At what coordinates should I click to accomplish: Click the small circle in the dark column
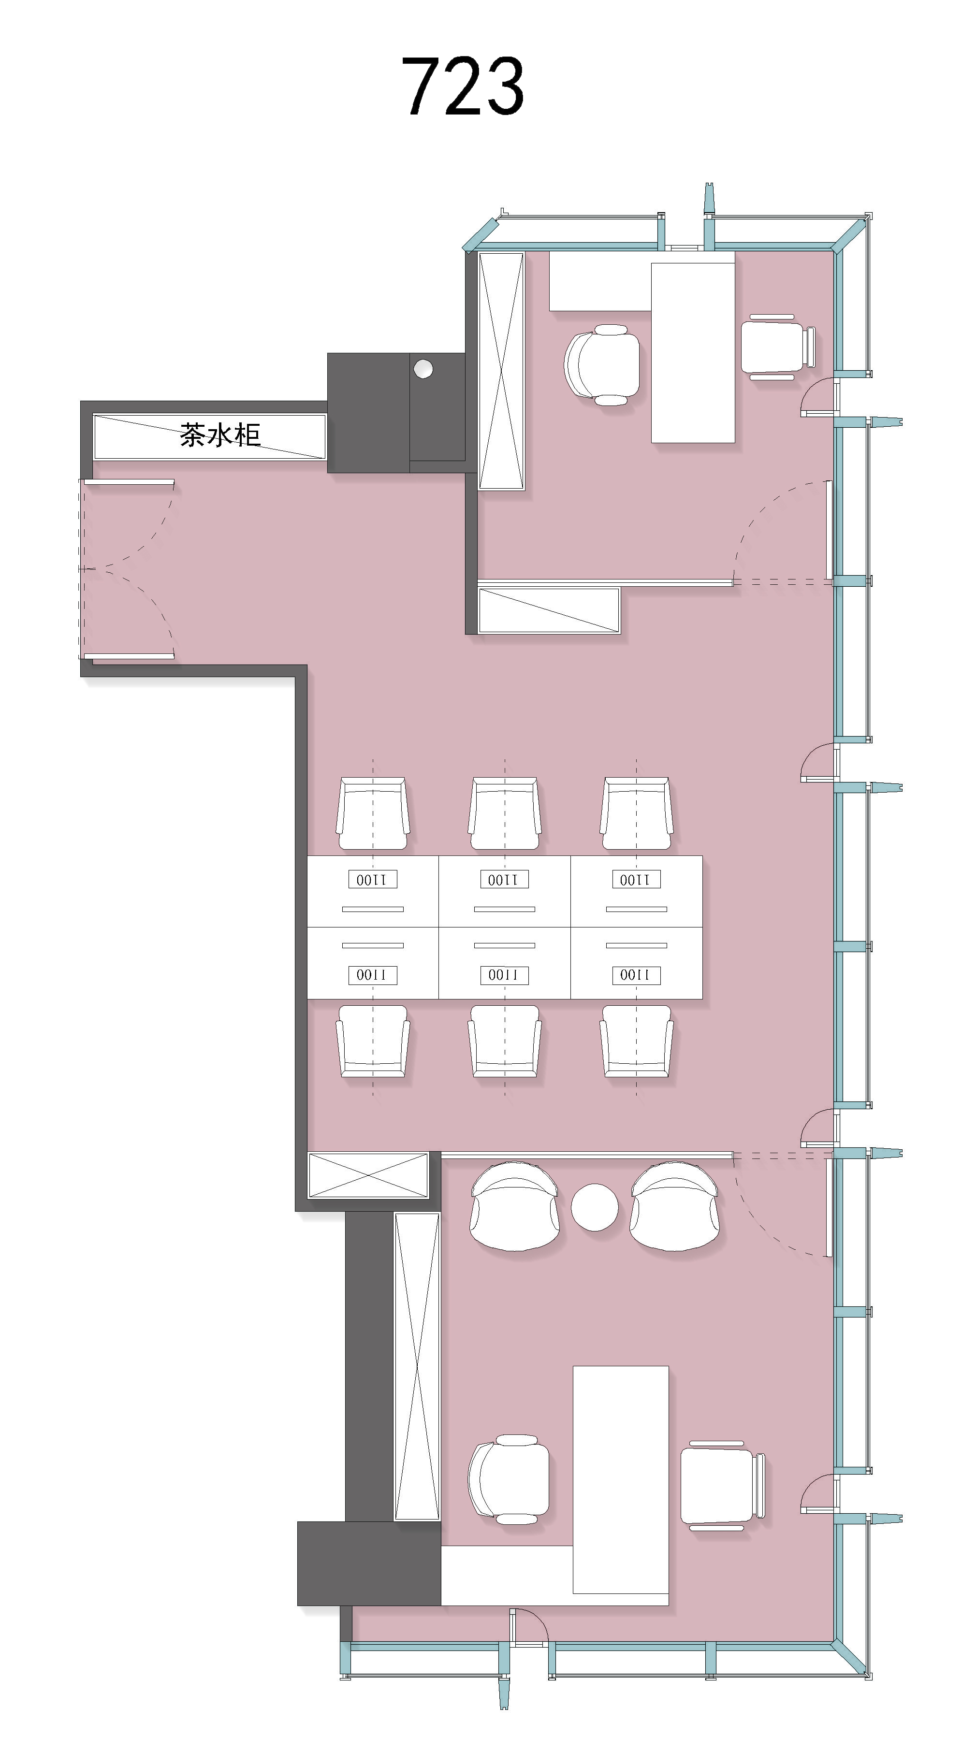pyautogui.click(x=423, y=369)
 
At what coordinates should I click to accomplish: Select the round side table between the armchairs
pyautogui.click(x=594, y=1207)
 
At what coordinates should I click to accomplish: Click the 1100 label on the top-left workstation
pyautogui.click(x=372, y=879)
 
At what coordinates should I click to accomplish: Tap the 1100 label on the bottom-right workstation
pyautogui.click(x=636, y=975)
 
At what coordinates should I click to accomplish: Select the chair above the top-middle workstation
pyautogui.click(x=505, y=813)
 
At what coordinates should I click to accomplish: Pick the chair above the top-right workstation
pyautogui.click(x=636, y=813)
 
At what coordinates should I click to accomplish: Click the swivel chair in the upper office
pyautogui.click(x=602, y=365)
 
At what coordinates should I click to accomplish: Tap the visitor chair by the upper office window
pyautogui.click(x=778, y=347)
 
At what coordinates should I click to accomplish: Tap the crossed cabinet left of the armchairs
pyautogui.click(x=368, y=1175)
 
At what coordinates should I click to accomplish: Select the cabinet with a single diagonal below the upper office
pyautogui.click(x=549, y=610)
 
